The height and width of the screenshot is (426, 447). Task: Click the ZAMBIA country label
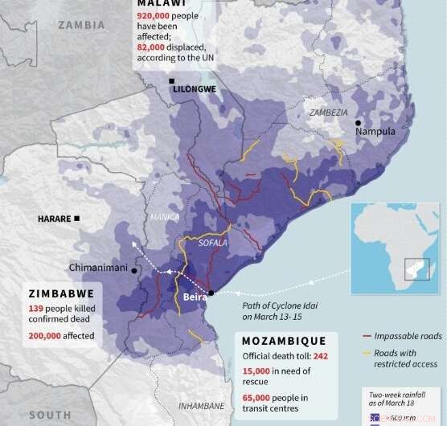click(x=81, y=25)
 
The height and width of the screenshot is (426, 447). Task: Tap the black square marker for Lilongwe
click(x=172, y=82)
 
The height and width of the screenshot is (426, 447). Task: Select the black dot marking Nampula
click(x=359, y=122)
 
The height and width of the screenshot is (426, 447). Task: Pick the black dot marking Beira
click(x=211, y=293)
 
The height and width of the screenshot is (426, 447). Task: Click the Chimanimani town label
click(x=96, y=268)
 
